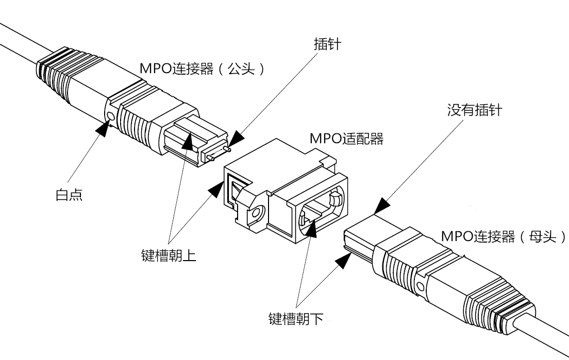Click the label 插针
pyautogui.click(x=327, y=44)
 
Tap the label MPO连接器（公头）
pyautogui.click(x=202, y=68)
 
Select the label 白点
pyautogui.click(x=69, y=195)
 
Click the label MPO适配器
pyautogui.click(x=346, y=139)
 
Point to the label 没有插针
pyautogui.click(x=475, y=110)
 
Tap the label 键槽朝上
pyautogui.click(x=169, y=255)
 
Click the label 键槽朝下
pyautogui.click(x=296, y=319)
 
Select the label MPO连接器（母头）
pyautogui.click(x=504, y=236)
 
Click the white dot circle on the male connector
pyautogui.click(x=111, y=116)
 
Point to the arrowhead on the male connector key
pyautogui.click(x=188, y=142)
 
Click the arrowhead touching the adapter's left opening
pyautogui.click(x=216, y=190)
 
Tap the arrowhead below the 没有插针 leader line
pyautogui.click(x=381, y=205)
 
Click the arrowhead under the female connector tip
pyautogui.click(x=343, y=261)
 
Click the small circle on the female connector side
pyautogui.click(x=420, y=287)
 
